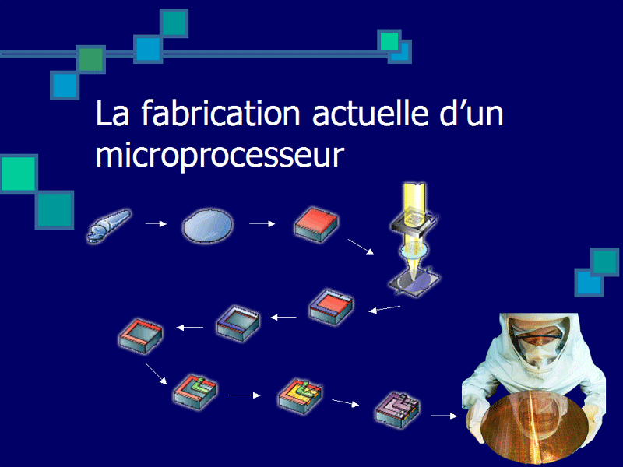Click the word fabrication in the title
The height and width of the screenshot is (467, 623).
(x=220, y=113)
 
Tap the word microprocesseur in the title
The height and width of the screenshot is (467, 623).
(x=220, y=156)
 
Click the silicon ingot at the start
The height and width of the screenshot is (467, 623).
(x=108, y=226)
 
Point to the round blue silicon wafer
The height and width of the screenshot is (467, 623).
(x=207, y=225)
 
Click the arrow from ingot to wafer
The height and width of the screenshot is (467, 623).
(x=156, y=224)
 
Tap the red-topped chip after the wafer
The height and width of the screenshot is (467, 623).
(x=316, y=224)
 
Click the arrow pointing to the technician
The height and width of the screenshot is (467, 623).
(x=444, y=416)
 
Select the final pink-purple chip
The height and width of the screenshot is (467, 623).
(x=397, y=409)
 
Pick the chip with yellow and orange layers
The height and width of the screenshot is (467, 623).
(x=301, y=396)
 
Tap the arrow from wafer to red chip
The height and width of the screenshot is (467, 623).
(x=262, y=224)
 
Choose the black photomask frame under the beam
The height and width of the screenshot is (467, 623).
(x=414, y=224)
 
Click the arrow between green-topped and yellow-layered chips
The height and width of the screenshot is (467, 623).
(x=244, y=395)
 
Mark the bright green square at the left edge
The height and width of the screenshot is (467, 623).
(x=19, y=174)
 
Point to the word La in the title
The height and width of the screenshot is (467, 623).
(x=112, y=114)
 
